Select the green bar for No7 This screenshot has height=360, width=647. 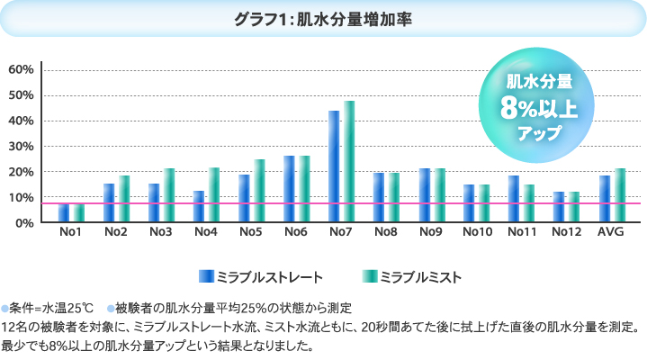(x=349, y=161)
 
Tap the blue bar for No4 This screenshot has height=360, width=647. (x=199, y=206)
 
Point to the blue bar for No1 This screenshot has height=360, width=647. (x=64, y=213)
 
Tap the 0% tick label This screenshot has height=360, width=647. (x=24, y=222)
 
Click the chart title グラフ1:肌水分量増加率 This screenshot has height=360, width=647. (x=323, y=18)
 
